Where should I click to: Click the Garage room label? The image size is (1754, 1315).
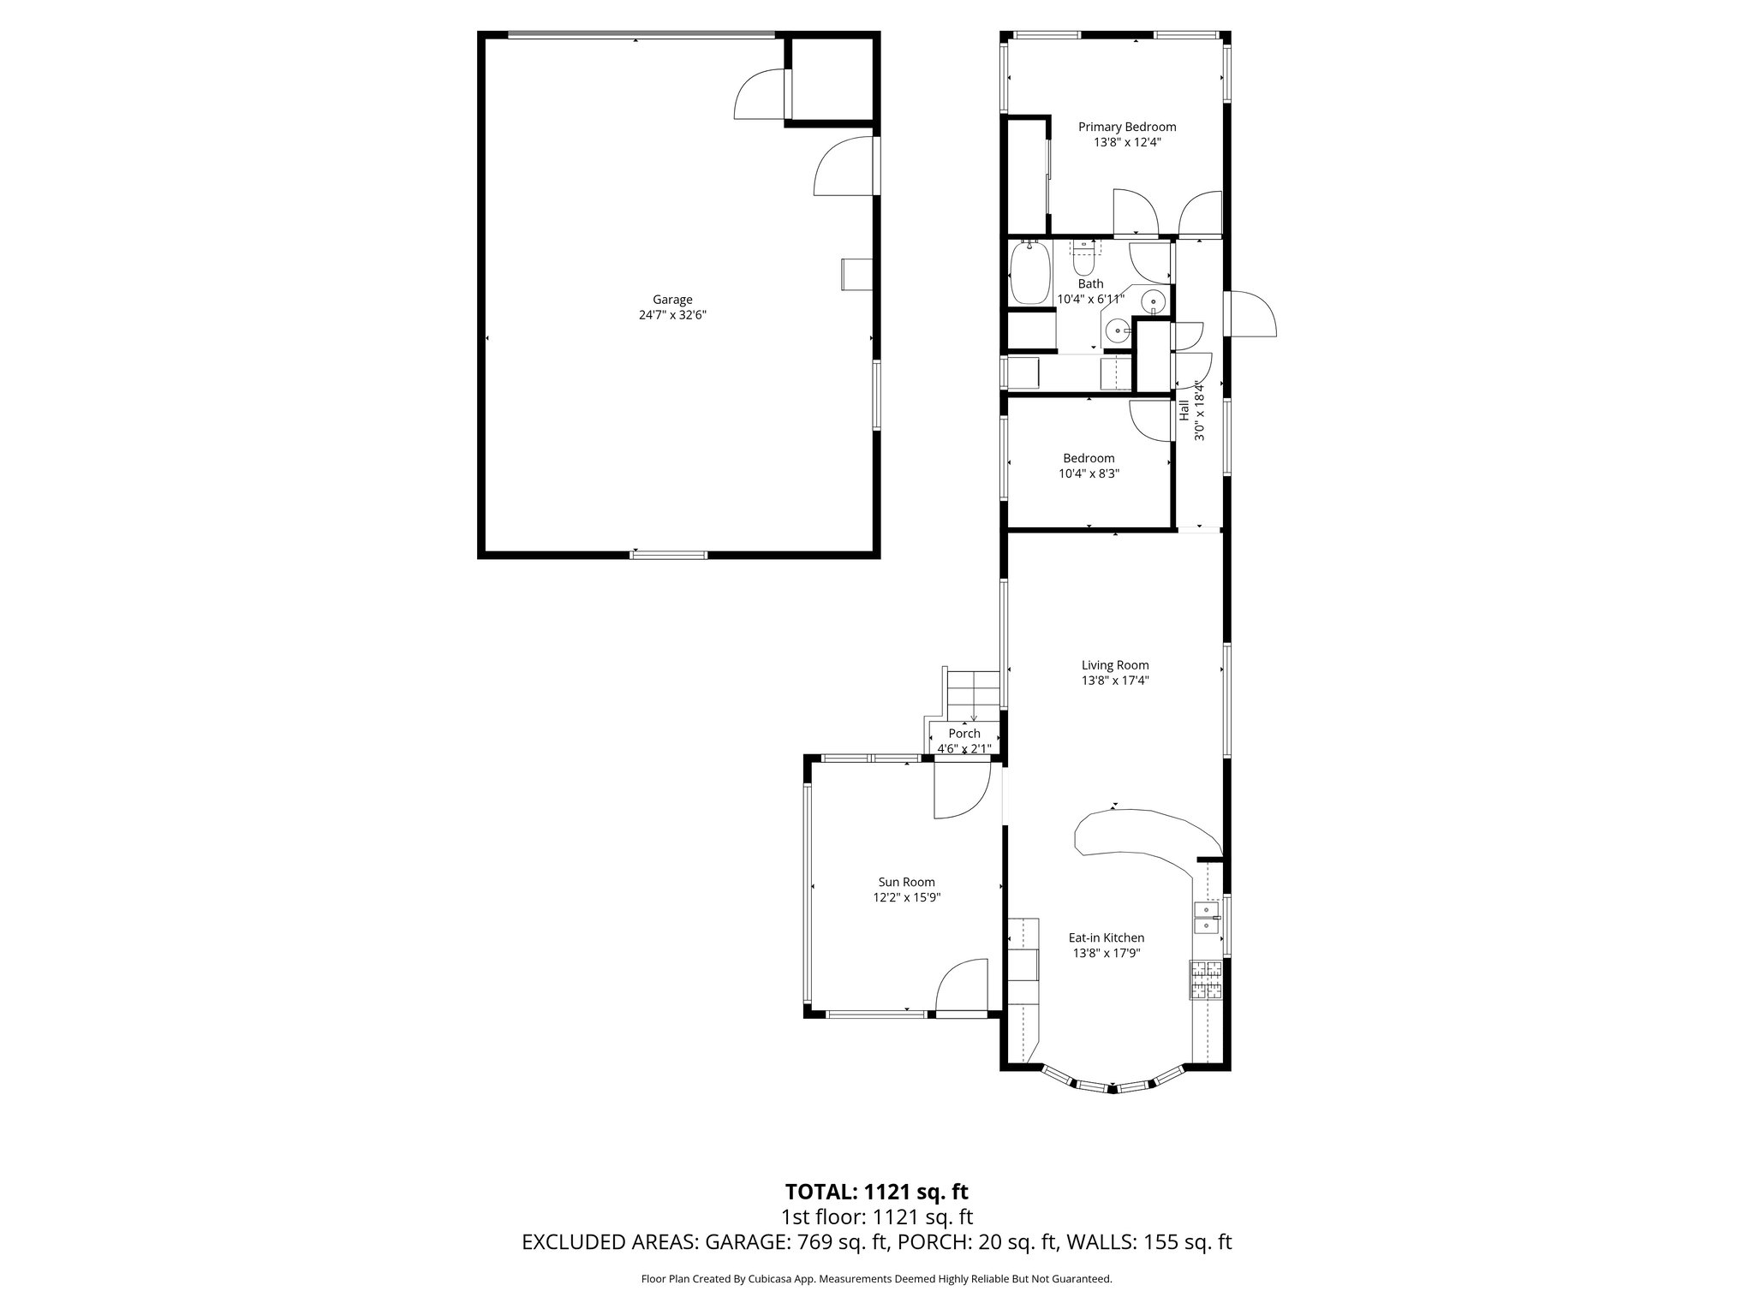click(672, 300)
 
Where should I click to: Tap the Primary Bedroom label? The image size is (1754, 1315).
click(1126, 127)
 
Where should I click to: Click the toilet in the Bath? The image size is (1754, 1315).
click(1085, 253)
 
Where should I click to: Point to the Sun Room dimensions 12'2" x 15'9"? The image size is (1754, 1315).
click(906, 897)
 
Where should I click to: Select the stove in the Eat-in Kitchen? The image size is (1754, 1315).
click(1205, 980)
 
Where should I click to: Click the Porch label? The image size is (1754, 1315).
click(964, 734)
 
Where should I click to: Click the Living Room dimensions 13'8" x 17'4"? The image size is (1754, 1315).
click(1114, 681)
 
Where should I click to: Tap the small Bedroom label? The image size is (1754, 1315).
click(1089, 458)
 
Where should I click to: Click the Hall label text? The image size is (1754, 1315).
click(1184, 410)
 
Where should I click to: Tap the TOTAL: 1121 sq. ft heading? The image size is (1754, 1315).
click(876, 1192)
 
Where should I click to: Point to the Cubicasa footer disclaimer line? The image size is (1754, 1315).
click(876, 1279)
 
